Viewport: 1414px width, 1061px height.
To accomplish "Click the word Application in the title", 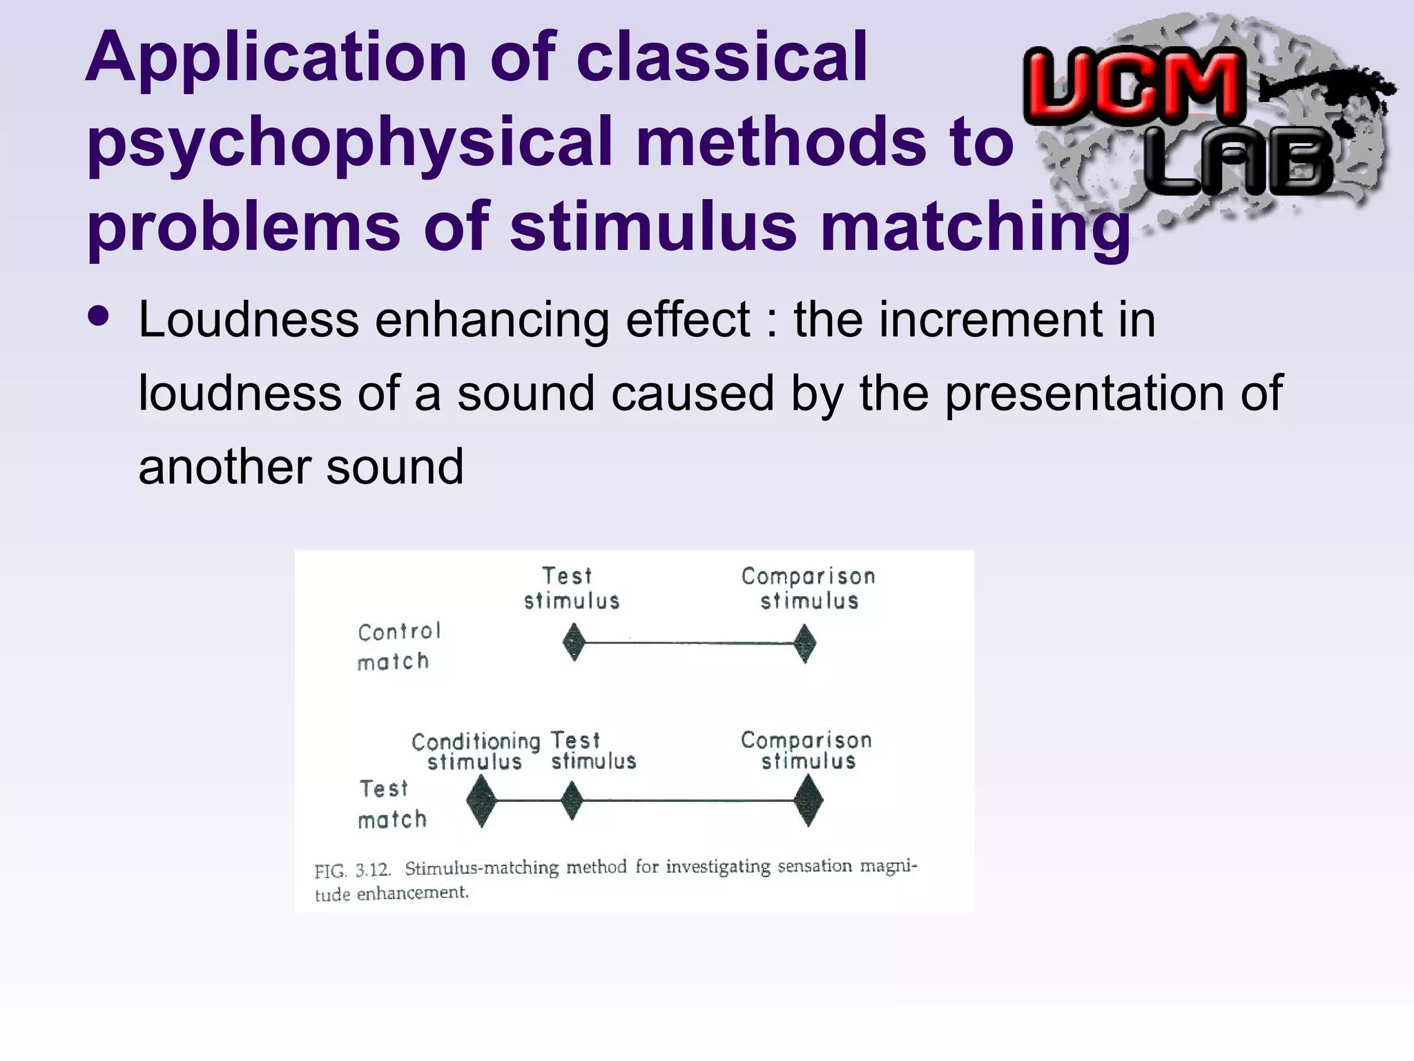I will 276,59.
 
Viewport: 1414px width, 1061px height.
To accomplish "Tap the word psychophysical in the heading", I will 349,144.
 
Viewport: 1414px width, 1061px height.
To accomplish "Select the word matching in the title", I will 975,228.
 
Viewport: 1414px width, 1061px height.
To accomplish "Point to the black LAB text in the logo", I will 1239,164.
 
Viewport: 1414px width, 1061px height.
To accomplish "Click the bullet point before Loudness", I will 99,316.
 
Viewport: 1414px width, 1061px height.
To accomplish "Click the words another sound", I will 300,467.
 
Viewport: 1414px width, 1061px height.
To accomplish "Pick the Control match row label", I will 398,647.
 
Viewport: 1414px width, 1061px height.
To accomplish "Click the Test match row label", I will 391,804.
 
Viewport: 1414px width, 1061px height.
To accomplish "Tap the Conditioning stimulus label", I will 475,752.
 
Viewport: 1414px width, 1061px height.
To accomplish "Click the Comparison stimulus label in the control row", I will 808,589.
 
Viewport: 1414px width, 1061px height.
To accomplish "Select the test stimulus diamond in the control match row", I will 574,642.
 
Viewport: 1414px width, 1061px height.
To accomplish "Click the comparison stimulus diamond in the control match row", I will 804,643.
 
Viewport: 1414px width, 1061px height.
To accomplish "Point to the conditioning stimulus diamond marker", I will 481,801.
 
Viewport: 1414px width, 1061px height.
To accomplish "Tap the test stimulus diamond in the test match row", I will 572,801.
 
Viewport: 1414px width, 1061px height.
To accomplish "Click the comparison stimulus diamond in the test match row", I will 808,801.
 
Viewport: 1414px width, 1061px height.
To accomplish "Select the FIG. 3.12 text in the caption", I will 352,870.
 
